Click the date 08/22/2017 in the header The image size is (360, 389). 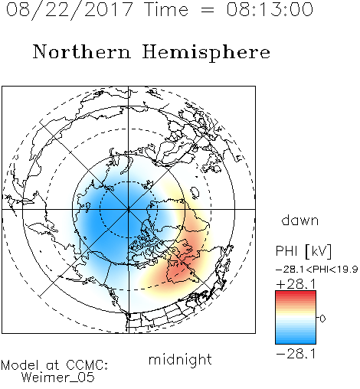(x=69, y=9)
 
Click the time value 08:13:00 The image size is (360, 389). (x=270, y=9)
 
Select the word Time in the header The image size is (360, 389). (x=166, y=9)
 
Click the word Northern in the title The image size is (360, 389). (x=82, y=51)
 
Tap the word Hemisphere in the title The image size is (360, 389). (x=206, y=53)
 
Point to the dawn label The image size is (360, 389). (x=300, y=220)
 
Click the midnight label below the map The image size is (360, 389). (x=180, y=360)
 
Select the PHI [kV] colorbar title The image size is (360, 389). (x=303, y=251)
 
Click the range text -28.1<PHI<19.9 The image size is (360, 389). (x=316, y=270)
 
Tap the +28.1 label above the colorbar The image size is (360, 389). (x=296, y=284)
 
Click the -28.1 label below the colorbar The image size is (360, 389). (x=296, y=354)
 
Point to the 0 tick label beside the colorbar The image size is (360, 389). (x=322, y=319)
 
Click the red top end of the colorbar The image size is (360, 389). (x=296, y=293)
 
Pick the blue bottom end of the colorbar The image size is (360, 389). (x=296, y=342)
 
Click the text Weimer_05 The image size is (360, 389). (x=58, y=378)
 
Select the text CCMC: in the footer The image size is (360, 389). (x=87, y=365)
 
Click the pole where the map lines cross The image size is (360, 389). (x=129, y=209)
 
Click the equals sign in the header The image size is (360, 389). (x=208, y=10)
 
